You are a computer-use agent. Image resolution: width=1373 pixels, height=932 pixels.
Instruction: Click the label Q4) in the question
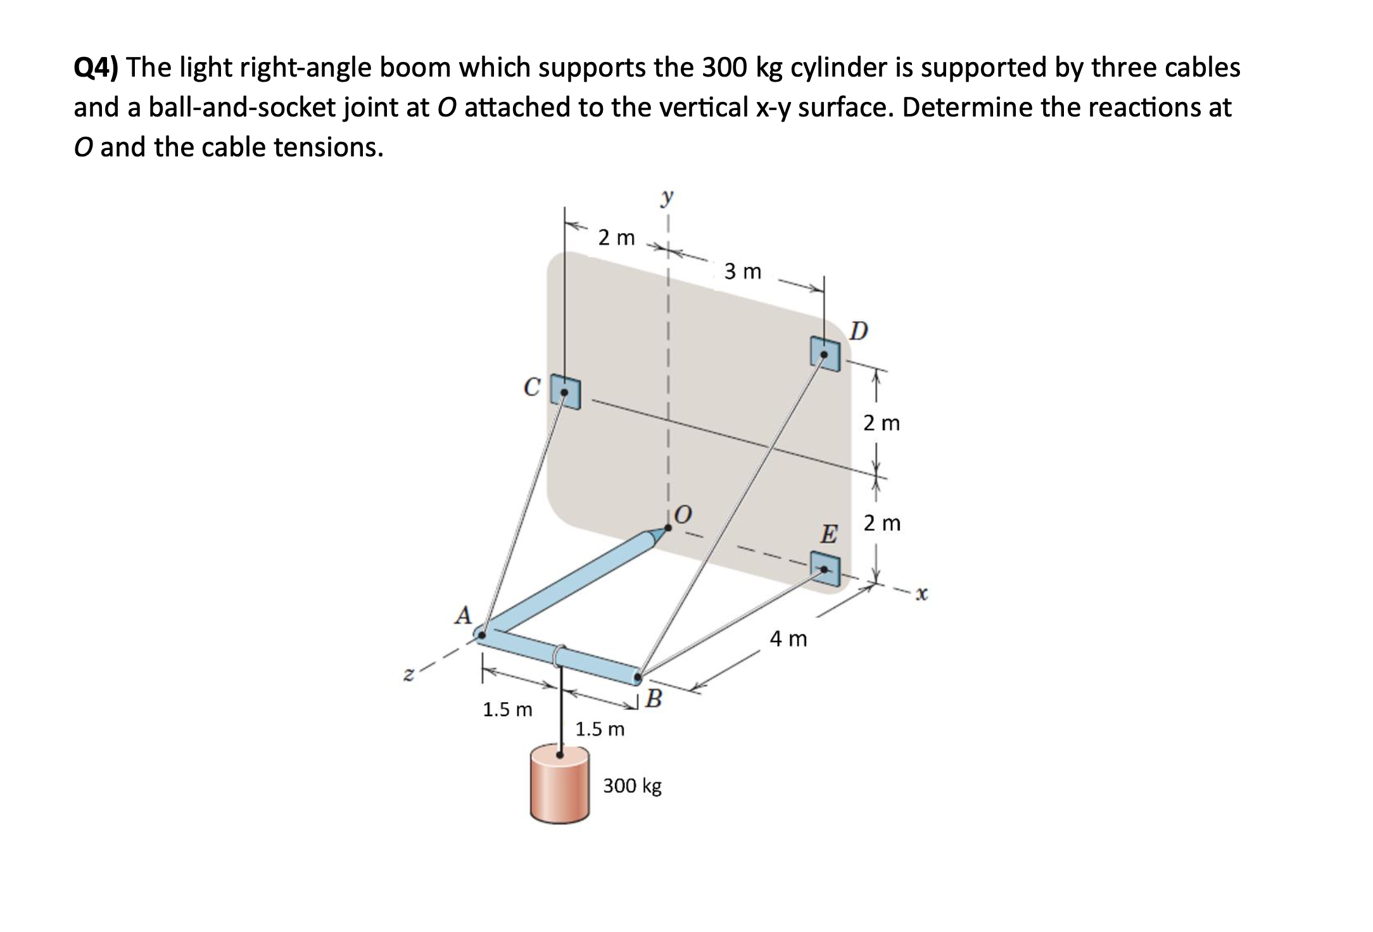(98, 68)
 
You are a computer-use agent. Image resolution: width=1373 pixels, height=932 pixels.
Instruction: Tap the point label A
(464, 615)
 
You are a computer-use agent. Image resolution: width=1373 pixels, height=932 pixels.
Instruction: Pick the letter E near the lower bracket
(828, 534)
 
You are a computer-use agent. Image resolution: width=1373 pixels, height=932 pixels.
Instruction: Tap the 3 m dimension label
(743, 272)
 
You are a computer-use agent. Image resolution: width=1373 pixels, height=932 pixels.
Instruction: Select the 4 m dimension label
(788, 639)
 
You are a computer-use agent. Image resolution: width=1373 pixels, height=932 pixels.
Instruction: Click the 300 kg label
(632, 786)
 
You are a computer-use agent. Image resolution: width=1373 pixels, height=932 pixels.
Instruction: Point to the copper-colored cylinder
(560, 785)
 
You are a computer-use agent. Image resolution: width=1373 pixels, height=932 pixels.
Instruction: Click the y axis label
(666, 198)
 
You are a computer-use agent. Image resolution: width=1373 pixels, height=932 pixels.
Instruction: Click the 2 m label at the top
(616, 238)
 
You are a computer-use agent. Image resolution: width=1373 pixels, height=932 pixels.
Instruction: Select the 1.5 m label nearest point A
(507, 710)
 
